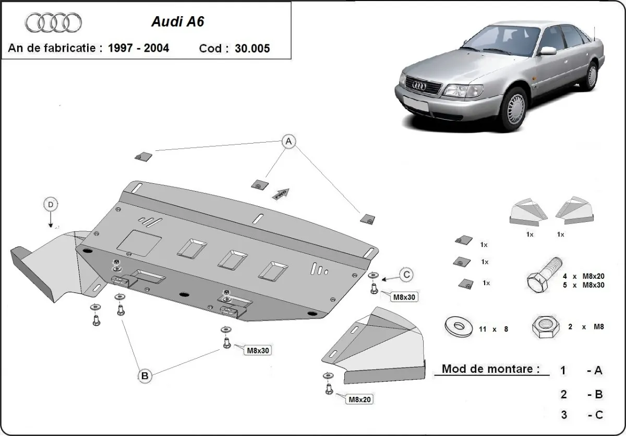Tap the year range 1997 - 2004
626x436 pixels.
click(x=138, y=48)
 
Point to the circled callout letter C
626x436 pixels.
click(x=406, y=274)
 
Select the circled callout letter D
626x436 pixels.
click(x=51, y=205)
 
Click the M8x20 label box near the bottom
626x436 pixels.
click(x=358, y=399)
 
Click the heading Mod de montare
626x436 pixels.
click(x=490, y=369)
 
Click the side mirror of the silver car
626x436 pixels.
click(x=548, y=50)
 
